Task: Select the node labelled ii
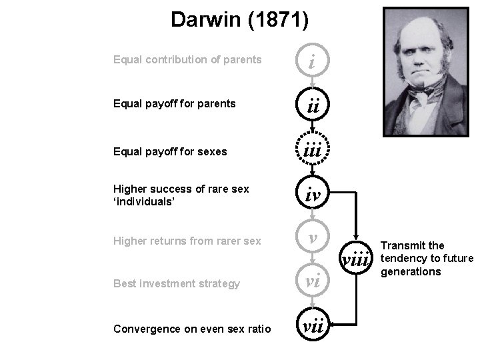[312, 105]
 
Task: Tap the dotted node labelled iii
[312, 151]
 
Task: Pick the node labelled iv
[312, 195]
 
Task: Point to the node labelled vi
[312, 283]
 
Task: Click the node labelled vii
[312, 327]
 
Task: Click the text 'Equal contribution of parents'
[187, 60]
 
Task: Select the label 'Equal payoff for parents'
[175, 104]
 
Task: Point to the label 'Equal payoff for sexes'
[170, 151]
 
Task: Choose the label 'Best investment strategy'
[177, 284]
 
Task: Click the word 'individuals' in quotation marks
[143, 200]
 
